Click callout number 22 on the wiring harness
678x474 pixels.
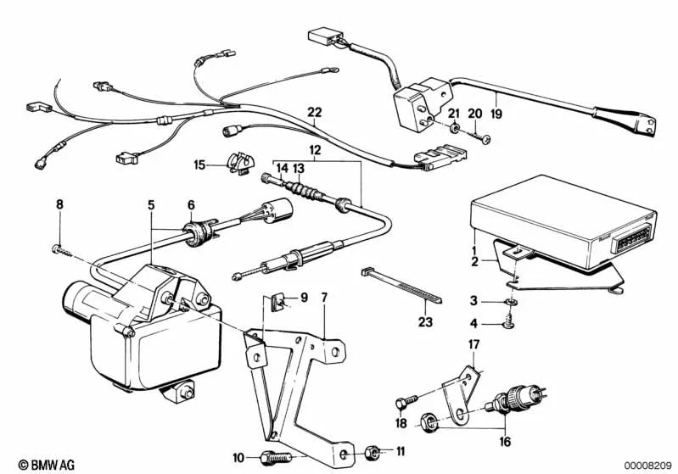tap(315, 111)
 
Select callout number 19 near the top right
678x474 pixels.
tap(496, 110)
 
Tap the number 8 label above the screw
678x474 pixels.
tap(59, 204)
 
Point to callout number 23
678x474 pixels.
tap(424, 321)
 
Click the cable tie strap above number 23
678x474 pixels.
tap(398, 284)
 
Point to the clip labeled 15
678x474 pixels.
tap(241, 161)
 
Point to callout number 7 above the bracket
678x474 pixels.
tap(323, 298)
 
